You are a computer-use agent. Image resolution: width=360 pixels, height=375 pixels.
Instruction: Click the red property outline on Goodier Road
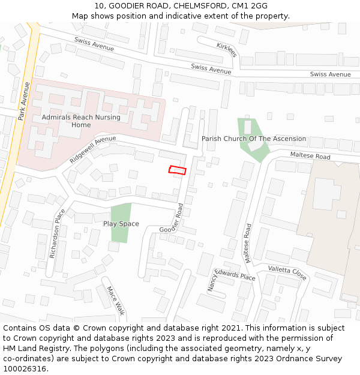point(177,170)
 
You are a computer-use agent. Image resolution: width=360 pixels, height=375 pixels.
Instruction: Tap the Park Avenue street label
point(24,100)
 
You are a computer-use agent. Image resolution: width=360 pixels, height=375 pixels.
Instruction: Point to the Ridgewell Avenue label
point(92,149)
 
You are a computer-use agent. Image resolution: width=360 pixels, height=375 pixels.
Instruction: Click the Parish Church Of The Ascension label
point(253,139)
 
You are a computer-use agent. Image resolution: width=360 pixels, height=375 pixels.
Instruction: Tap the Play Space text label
point(121,224)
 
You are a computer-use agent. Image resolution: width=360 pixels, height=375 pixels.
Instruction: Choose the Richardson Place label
point(56,234)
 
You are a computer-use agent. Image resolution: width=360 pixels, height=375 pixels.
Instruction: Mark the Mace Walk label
point(115,301)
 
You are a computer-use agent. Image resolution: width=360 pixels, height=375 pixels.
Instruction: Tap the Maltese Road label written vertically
point(247,244)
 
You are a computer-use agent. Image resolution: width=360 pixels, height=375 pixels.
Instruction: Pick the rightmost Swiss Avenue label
point(330,74)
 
